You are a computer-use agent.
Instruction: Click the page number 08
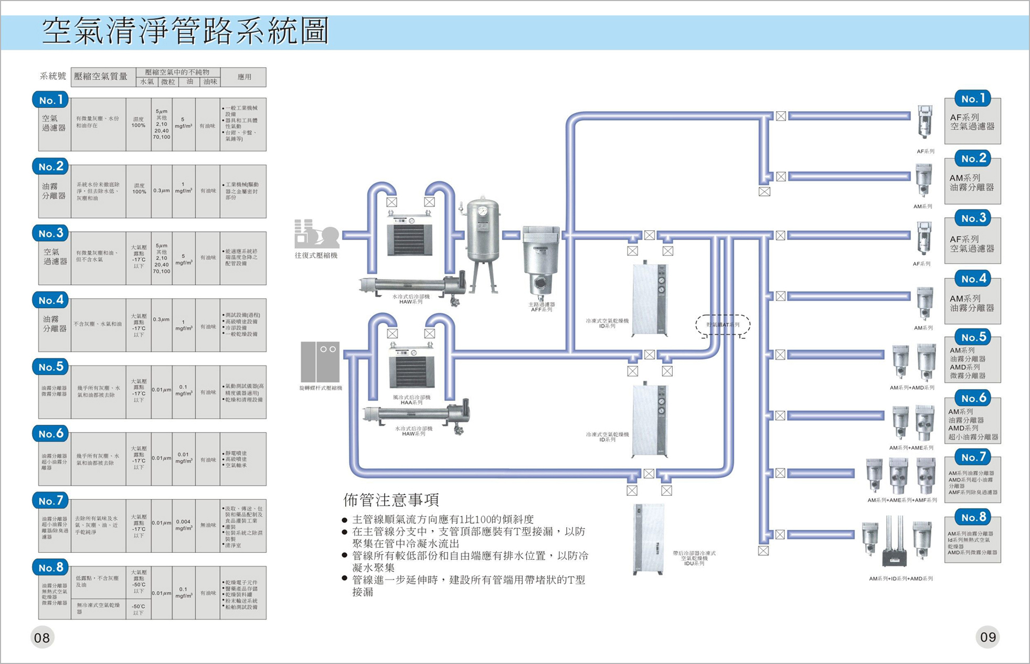42,637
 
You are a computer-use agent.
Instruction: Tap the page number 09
987,637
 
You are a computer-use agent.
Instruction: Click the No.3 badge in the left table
51,233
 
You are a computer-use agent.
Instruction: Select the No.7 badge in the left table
51,501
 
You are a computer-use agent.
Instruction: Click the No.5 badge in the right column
973,337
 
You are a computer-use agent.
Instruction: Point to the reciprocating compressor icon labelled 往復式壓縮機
316,234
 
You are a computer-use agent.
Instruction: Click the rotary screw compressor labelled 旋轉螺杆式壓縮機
320,362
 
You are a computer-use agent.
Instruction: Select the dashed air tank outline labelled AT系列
723,325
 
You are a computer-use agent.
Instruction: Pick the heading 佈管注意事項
391,500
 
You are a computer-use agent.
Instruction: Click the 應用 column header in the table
244,77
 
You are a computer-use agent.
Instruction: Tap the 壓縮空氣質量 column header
101,77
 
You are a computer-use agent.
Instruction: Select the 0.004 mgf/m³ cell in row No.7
183,525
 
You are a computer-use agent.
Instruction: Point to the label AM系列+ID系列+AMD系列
900,579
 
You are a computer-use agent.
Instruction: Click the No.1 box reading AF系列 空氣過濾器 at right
972,122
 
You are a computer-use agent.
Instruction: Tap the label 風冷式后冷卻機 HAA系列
411,400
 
